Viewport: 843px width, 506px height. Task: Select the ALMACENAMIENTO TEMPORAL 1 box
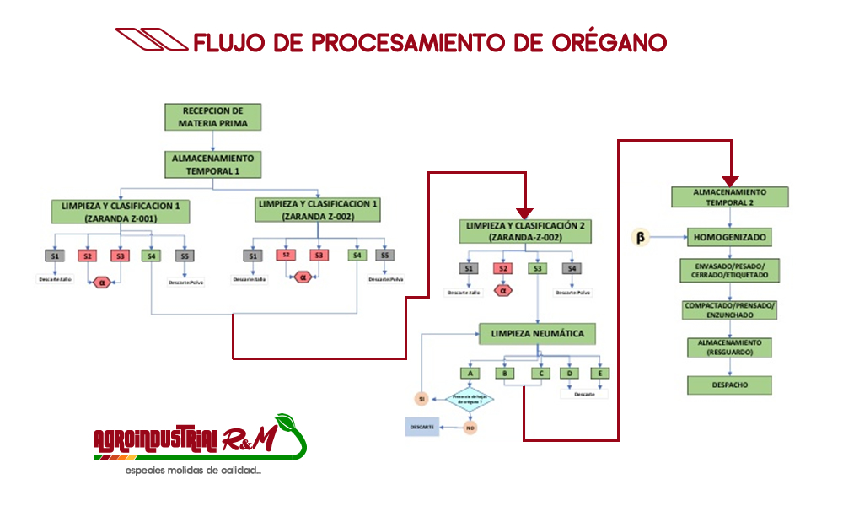[213, 164]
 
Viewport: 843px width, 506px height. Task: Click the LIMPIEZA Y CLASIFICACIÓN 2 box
[524, 231]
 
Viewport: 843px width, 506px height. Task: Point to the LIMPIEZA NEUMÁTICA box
[537, 334]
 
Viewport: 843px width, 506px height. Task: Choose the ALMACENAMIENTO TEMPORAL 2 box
[730, 196]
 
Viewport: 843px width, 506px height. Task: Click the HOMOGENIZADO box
[729, 237]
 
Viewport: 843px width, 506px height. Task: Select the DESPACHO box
[729, 385]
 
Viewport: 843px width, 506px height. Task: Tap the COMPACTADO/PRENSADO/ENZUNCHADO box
[729, 310]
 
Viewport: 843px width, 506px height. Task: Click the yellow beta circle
[640, 238]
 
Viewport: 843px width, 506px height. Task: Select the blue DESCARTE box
[421, 428]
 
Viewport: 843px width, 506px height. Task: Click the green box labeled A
[470, 372]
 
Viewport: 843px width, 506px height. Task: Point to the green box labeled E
[600, 372]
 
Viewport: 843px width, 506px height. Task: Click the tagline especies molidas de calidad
[193, 469]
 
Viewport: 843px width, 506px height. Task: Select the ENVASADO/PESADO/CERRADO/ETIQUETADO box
[729, 271]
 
